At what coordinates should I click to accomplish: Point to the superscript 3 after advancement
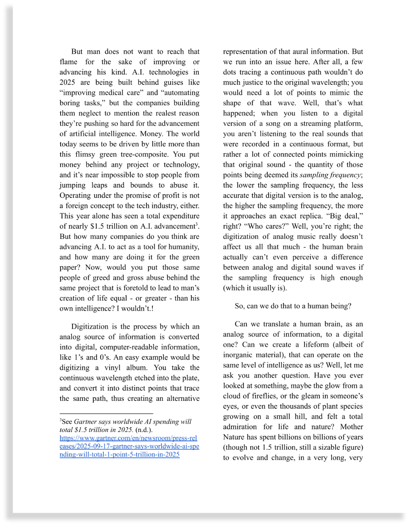[197, 224]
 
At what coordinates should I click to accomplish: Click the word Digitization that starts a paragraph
[92, 327]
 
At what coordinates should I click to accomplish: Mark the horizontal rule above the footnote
[106, 413]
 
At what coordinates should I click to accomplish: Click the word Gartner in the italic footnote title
[86, 422]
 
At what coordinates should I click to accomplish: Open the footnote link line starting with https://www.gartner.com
[128, 438]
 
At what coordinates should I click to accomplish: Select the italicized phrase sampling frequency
[330, 175]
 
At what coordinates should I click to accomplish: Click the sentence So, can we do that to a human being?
[293, 306]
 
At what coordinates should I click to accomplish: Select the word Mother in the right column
[351, 427]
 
